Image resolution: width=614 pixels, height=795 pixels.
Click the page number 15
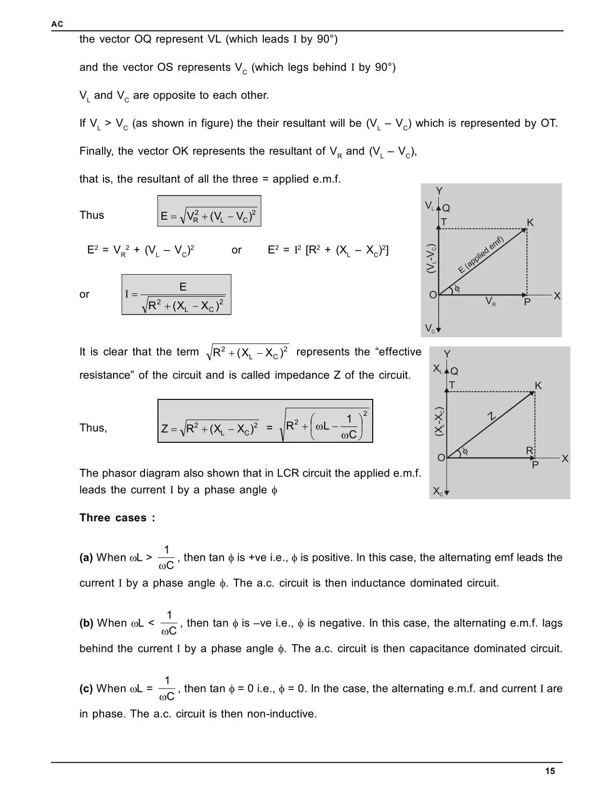pyautogui.click(x=550, y=771)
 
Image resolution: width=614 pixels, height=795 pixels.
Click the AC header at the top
pyautogui.click(x=57, y=24)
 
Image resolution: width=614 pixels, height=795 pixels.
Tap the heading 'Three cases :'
pyautogui.click(x=117, y=518)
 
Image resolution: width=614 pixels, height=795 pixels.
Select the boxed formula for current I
pyautogui.click(x=176, y=295)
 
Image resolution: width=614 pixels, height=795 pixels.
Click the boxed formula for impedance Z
pyautogui.click(x=265, y=421)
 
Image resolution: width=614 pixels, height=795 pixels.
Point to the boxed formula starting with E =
pyautogui.click(x=209, y=211)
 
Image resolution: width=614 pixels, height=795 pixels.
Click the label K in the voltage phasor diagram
pyautogui.click(x=530, y=223)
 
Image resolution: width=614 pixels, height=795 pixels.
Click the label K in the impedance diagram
pyautogui.click(x=538, y=386)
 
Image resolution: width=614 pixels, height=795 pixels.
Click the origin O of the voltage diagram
pyautogui.click(x=433, y=295)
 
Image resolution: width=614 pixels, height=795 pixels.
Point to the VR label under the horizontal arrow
pyautogui.click(x=490, y=302)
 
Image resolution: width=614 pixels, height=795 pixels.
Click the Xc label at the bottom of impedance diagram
pyautogui.click(x=437, y=491)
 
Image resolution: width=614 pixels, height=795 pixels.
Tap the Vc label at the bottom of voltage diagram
pyautogui.click(x=430, y=329)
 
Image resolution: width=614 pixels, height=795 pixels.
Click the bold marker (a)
pyautogui.click(x=86, y=558)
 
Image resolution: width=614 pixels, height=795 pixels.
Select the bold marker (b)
pyautogui.click(x=87, y=623)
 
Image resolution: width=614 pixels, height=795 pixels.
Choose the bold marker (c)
pyautogui.click(x=86, y=689)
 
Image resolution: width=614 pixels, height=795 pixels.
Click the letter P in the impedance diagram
pyautogui.click(x=535, y=465)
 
